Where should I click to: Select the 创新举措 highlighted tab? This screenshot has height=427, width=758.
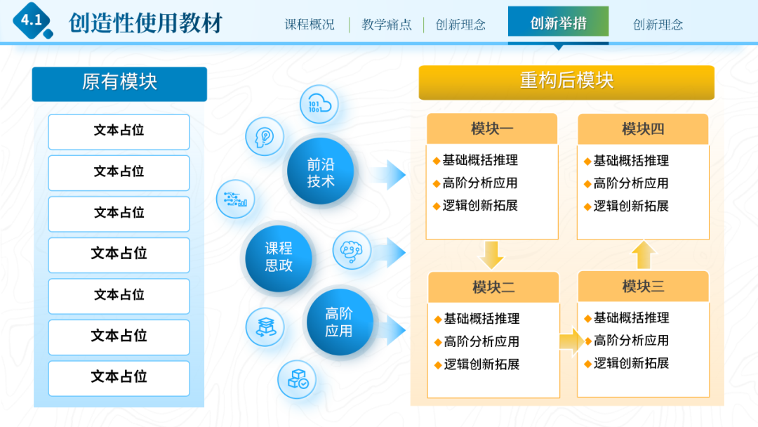pyautogui.click(x=558, y=23)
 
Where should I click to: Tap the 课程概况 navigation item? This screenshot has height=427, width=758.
pyautogui.click(x=310, y=25)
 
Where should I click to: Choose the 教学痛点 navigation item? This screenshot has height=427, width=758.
pyautogui.click(x=387, y=25)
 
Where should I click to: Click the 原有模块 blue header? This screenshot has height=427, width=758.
pyautogui.click(x=119, y=83)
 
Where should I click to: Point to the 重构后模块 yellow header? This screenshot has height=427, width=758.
pyautogui.click(x=566, y=81)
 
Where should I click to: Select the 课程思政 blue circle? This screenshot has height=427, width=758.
pyautogui.click(x=279, y=257)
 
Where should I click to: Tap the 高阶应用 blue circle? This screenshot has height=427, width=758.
pyautogui.click(x=339, y=322)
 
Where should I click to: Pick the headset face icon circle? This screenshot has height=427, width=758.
pyautogui.click(x=352, y=249)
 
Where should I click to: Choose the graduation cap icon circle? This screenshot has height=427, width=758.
pyautogui.click(x=265, y=327)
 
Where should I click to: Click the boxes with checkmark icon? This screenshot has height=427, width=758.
pyautogui.click(x=297, y=379)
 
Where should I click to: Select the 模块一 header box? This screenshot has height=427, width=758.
pyautogui.click(x=491, y=129)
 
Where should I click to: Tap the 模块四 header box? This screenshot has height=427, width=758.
pyautogui.click(x=643, y=129)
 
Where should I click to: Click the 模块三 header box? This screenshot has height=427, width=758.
pyautogui.click(x=643, y=287)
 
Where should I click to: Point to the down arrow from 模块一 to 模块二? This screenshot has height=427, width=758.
pyautogui.click(x=492, y=254)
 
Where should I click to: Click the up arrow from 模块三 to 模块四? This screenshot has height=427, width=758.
pyautogui.click(x=643, y=255)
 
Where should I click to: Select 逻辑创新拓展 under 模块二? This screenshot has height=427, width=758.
pyautogui.click(x=481, y=364)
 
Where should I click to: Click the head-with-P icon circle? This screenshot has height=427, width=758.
pyautogui.click(x=265, y=136)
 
